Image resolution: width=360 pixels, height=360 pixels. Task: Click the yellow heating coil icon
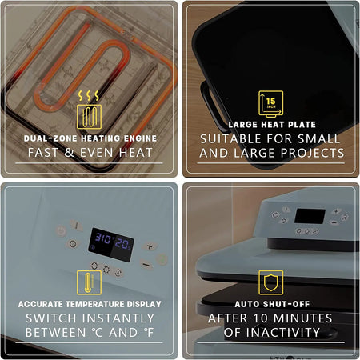pos(89,117)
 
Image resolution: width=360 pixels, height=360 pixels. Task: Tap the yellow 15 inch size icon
pos(270,104)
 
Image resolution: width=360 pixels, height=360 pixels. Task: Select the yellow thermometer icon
pos(89,282)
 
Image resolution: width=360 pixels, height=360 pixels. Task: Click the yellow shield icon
pos(271,282)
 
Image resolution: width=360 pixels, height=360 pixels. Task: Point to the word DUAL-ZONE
pos(50,138)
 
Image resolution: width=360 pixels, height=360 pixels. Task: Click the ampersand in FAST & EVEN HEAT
pos(69,153)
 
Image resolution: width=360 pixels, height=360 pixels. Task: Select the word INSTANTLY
pos(118,318)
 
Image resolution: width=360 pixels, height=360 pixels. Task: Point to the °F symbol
pos(149,333)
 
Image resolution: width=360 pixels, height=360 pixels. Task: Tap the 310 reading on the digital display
pos(103,238)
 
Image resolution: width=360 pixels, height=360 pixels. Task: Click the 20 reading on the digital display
pos(122,243)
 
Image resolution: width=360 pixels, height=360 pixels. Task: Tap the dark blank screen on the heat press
pos(310,216)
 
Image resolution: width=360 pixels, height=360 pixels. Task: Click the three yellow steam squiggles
pos(89,96)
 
